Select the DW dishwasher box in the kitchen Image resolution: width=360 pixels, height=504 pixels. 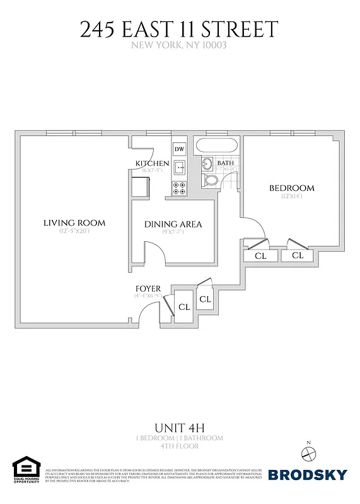(179, 149)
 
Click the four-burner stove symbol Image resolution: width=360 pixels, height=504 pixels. (179, 187)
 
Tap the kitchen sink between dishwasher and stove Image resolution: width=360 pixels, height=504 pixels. (179, 168)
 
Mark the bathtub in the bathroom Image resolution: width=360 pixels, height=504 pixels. (216, 146)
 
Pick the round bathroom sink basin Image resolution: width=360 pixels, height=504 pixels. (207, 164)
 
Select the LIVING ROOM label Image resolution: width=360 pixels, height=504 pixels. (74, 223)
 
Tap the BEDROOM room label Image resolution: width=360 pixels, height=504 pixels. (291, 188)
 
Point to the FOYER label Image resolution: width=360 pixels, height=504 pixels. (148, 289)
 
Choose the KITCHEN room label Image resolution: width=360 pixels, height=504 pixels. (152, 163)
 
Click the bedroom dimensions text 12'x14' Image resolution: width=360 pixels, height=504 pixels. (292, 197)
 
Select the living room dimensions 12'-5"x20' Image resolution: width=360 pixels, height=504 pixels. (74, 232)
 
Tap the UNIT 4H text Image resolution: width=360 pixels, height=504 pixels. (180, 428)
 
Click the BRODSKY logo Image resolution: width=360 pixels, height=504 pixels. (307, 474)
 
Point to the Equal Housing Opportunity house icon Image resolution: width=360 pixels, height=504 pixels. (26, 468)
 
